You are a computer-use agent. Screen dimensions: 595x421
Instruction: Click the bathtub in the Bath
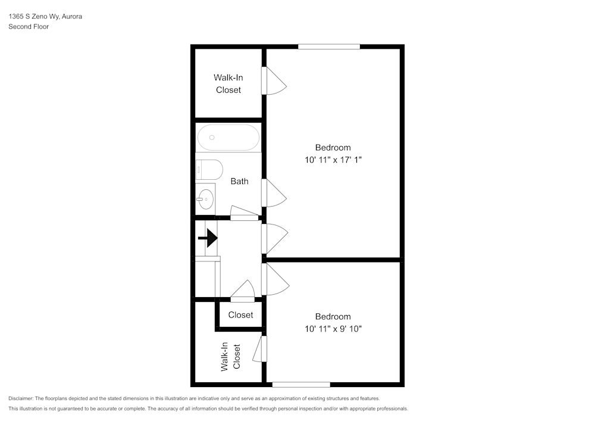[228, 138]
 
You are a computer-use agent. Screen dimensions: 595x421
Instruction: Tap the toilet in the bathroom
[209, 169]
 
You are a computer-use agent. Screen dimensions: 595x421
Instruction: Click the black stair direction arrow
[208, 238]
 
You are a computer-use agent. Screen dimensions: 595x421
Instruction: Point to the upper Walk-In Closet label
[228, 83]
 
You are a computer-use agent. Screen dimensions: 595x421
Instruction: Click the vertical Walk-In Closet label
[230, 357]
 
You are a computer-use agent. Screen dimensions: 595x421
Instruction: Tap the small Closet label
[240, 315]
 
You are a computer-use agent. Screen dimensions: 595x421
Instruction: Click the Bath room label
[239, 181]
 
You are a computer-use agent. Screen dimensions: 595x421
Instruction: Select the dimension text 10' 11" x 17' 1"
[333, 160]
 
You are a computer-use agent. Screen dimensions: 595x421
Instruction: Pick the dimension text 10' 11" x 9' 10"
[333, 329]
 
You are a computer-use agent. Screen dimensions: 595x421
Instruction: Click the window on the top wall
[329, 46]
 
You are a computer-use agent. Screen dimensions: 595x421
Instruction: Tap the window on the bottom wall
[301, 384]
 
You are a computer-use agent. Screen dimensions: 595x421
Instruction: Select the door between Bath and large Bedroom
[274, 193]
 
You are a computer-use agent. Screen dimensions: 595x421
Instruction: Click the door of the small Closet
[243, 292]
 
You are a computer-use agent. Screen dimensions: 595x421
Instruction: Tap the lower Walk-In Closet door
[259, 349]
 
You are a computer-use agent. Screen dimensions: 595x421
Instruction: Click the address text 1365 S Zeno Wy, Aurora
[45, 17]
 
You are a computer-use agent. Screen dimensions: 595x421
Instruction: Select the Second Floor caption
[29, 27]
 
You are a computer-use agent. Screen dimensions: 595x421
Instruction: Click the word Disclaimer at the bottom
[21, 398]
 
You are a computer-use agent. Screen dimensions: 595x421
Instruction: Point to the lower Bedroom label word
[333, 317]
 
